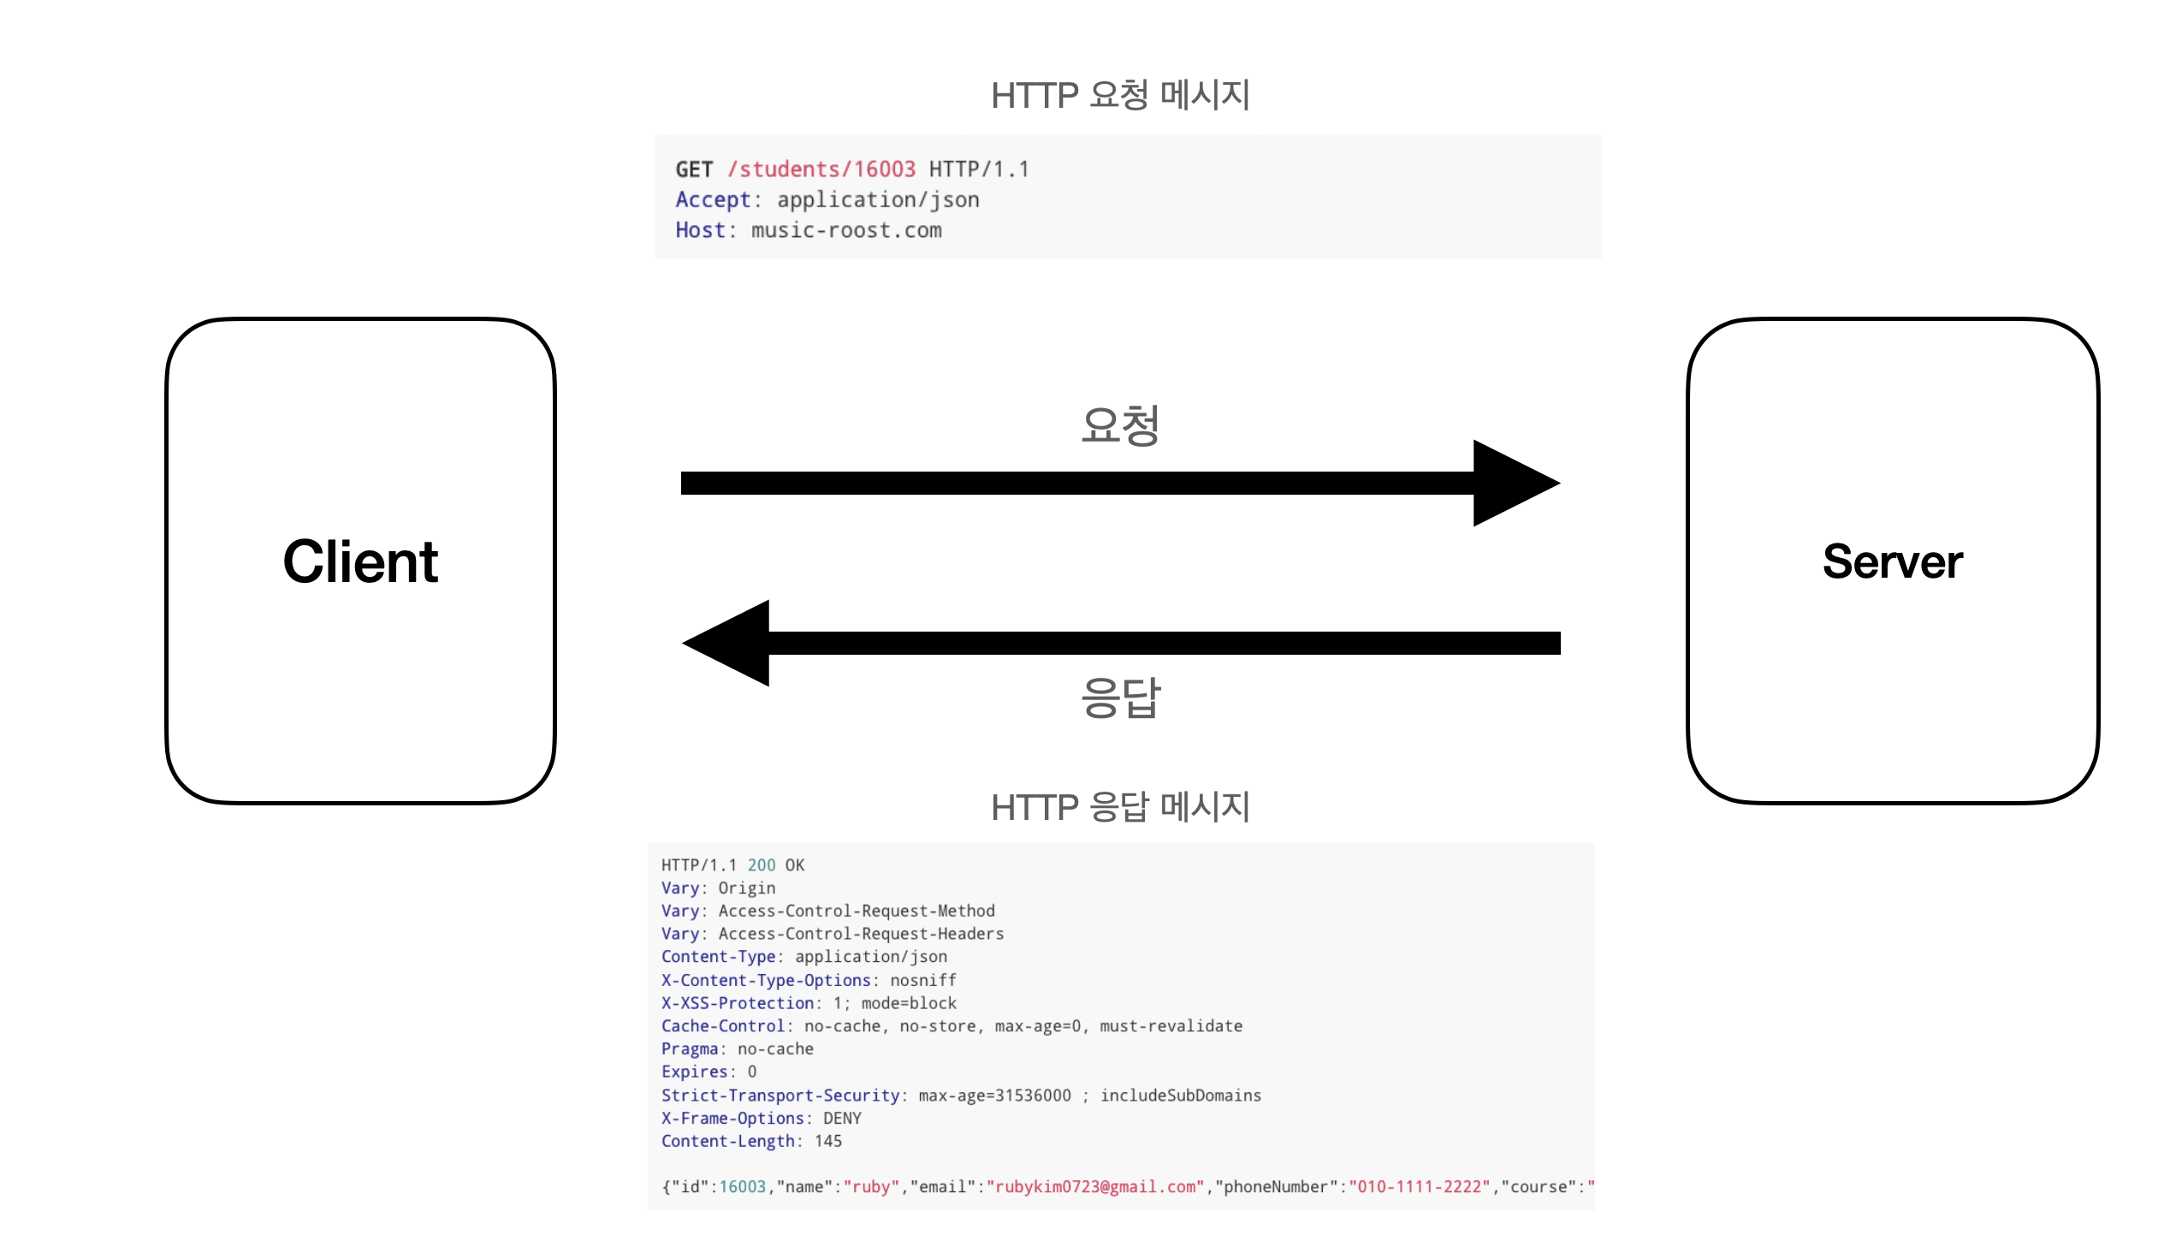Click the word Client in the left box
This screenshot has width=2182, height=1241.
click(360, 562)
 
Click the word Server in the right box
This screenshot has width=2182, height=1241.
click(1892, 562)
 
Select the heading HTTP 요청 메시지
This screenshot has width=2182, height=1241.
click(1120, 95)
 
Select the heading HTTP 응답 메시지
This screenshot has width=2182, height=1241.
click(1120, 807)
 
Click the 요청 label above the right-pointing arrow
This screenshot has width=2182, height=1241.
click(1120, 425)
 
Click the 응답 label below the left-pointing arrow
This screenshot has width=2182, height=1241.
click(1120, 698)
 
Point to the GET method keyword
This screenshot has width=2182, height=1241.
click(694, 169)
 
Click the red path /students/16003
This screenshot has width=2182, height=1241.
click(821, 169)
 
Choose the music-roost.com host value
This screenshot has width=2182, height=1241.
click(846, 230)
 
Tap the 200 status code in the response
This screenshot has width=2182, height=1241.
click(761, 865)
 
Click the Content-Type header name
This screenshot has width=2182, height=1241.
click(718, 957)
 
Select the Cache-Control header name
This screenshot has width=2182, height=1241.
click(723, 1026)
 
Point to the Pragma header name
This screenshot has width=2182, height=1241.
click(690, 1049)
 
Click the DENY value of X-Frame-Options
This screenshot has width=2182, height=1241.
click(842, 1119)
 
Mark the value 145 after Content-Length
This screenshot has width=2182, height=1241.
click(828, 1142)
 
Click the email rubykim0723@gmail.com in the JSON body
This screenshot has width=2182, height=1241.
click(1095, 1187)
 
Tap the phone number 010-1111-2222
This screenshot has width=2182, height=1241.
click(1420, 1187)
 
